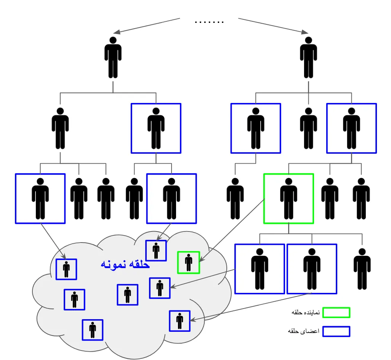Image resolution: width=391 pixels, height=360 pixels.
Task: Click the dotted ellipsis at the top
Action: (209, 22)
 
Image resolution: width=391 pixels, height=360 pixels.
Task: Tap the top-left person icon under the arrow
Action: (113, 58)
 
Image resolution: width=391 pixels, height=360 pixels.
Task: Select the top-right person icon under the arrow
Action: (308, 58)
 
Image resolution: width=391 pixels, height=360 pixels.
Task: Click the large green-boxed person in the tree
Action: (288, 198)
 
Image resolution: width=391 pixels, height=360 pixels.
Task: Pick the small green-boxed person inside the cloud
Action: (189, 262)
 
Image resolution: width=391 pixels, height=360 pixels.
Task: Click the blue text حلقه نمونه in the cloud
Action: (125, 264)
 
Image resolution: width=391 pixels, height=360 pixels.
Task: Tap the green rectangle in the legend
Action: (336, 312)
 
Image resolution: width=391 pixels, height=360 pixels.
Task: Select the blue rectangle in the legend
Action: (336, 331)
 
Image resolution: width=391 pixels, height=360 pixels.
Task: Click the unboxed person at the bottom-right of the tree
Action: (362, 269)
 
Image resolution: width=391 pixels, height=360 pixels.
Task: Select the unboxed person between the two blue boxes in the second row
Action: (308, 128)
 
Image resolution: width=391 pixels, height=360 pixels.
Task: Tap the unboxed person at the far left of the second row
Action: (60, 128)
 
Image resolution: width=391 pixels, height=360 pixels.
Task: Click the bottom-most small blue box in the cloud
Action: (93, 330)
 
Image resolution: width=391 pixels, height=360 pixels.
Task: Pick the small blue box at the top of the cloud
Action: (156, 251)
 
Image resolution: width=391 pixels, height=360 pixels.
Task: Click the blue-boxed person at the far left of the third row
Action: (40, 198)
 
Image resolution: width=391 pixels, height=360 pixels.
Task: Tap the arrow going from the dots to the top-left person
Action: (147, 25)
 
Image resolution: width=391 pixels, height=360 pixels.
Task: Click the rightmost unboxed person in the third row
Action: (361, 198)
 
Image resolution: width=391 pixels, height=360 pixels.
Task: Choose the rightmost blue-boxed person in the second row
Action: (351, 128)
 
